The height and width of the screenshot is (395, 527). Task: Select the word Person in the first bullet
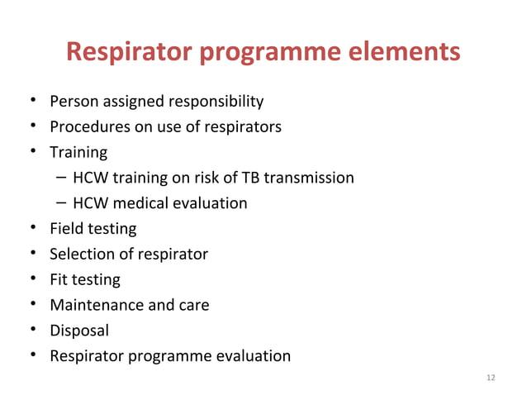pos(74,102)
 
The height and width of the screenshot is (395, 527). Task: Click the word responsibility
pos(216,102)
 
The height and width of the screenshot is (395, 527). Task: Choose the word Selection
pos(81,254)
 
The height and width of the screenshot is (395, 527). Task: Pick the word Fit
pos(59,279)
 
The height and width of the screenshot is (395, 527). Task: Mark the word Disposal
pos(79,331)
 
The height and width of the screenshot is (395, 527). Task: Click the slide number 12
pos(491,378)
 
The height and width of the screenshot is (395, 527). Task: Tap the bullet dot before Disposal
pos(31,330)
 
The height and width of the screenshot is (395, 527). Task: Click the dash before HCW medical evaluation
pos(64,202)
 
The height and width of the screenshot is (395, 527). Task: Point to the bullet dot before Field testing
pos(31,228)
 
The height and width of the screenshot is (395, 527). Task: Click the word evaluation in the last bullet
pos(253,356)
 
